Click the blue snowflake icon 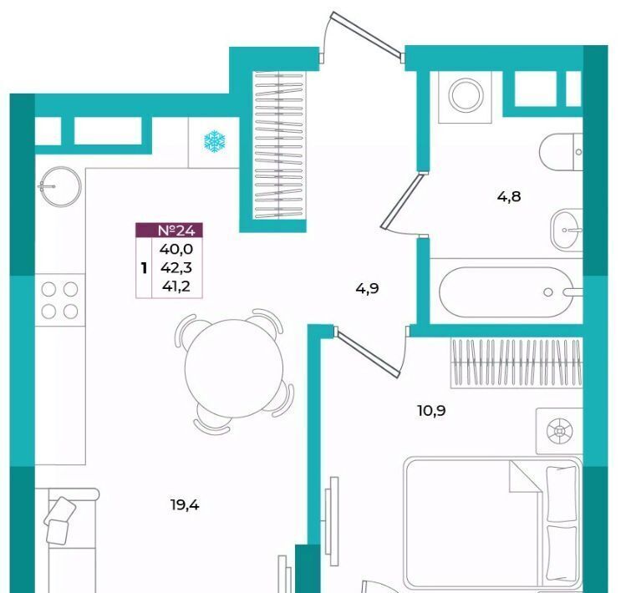click(x=215, y=141)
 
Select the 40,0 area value click(x=176, y=249)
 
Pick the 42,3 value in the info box click(x=176, y=268)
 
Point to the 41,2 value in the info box click(x=176, y=286)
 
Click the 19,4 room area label click(x=185, y=505)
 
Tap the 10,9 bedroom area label click(x=431, y=411)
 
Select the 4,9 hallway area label click(x=367, y=289)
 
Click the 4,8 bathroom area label click(x=509, y=196)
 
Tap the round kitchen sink click(x=60, y=186)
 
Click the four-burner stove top click(x=60, y=300)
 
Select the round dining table click(x=234, y=368)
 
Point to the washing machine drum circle click(x=466, y=96)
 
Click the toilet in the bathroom click(x=561, y=151)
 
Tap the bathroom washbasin click(x=567, y=230)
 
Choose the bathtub click(x=508, y=291)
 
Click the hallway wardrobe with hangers click(x=279, y=145)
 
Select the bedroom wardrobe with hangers click(x=517, y=363)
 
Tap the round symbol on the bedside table click(x=559, y=431)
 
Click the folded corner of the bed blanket click(x=523, y=478)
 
